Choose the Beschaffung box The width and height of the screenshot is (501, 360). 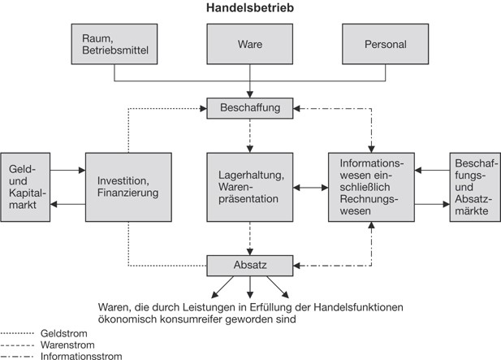point(250,106)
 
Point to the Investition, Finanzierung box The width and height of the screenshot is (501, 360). point(128,186)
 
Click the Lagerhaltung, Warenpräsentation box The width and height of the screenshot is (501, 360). point(250,186)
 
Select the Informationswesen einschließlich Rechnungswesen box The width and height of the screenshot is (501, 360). point(371,186)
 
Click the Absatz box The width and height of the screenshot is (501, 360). point(250,265)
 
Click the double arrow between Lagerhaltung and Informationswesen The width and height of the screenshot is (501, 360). point(311,187)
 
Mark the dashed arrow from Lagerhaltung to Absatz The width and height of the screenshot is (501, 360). point(250,239)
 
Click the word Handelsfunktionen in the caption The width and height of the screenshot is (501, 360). point(357,307)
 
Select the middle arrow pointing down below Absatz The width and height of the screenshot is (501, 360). point(250,286)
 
